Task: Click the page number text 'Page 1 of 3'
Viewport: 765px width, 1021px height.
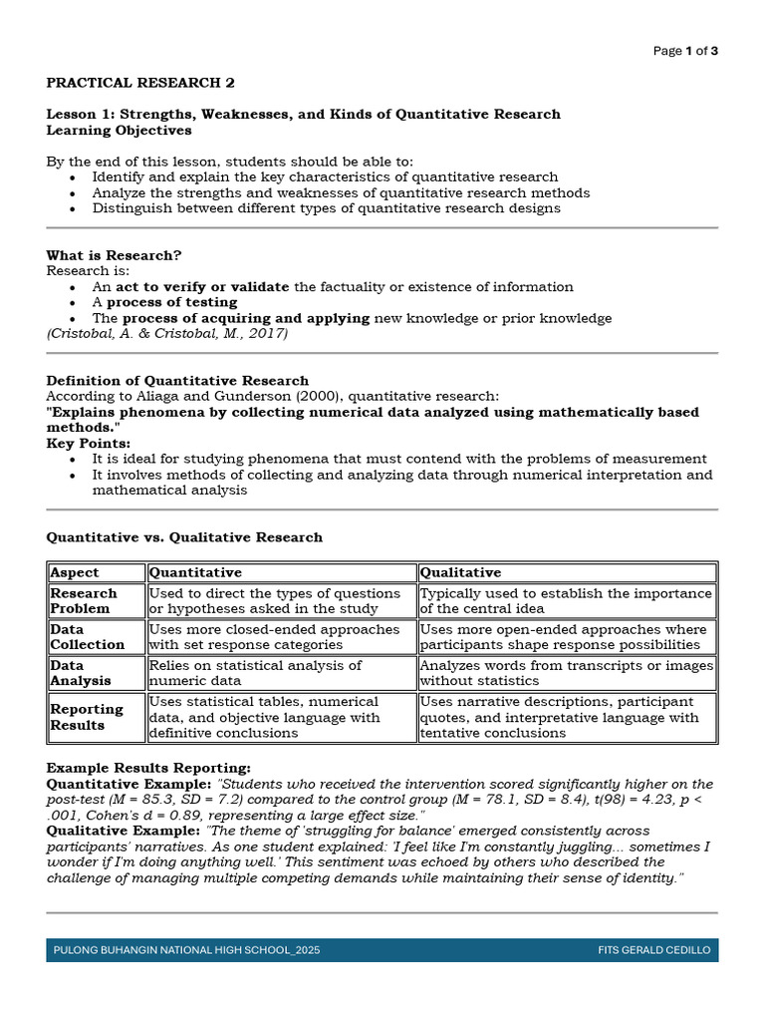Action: point(685,51)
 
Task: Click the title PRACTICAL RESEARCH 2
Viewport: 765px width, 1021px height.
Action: point(141,82)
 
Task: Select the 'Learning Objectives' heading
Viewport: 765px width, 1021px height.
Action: point(119,130)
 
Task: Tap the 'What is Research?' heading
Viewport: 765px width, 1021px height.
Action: point(115,255)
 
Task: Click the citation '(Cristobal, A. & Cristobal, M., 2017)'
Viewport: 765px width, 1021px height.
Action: point(167,334)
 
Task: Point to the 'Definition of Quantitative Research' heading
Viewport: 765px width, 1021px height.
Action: point(177,380)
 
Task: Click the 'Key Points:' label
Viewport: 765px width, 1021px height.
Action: point(89,443)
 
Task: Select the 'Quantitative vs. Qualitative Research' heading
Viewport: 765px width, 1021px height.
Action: point(184,536)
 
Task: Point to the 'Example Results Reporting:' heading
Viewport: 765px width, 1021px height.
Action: point(148,768)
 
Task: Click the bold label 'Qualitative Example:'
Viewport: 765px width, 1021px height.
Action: point(124,830)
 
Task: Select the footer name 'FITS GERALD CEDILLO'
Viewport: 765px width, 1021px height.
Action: point(654,950)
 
